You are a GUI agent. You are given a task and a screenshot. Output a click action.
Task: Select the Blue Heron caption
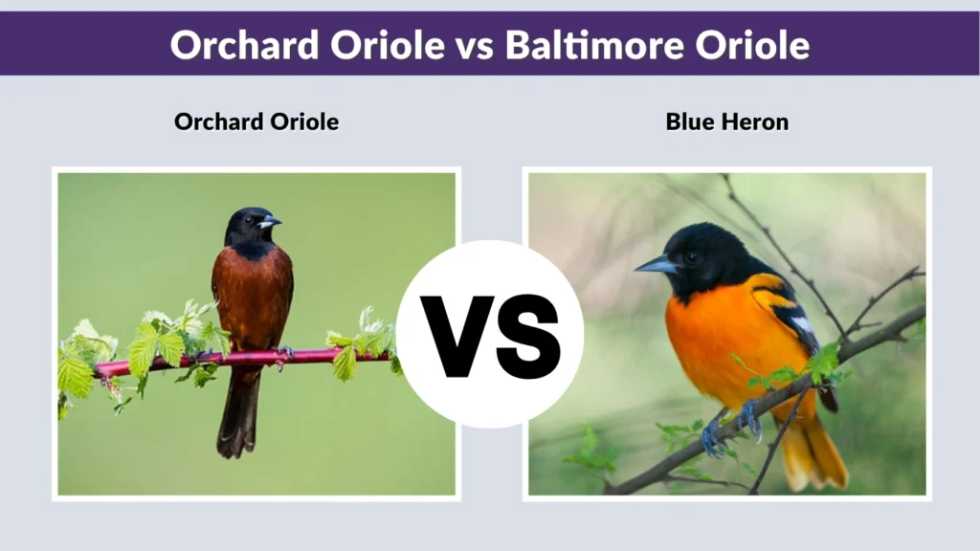click(726, 121)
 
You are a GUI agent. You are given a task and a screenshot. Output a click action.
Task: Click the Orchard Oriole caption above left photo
click(256, 121)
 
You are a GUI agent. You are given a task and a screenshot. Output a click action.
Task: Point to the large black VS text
click(490, 335)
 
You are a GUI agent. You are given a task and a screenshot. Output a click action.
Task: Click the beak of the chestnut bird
click(270, 222)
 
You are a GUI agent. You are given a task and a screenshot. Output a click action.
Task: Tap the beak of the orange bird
click(655, 265)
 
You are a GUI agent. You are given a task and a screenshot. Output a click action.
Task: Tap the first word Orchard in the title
click(235, 44)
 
